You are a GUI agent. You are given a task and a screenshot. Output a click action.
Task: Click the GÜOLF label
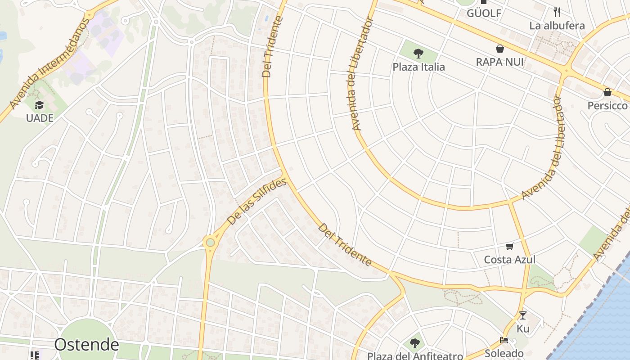coord(484,13)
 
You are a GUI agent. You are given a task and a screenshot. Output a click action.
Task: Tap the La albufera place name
coord(557,25)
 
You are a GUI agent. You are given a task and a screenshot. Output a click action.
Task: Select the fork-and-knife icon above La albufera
coord(557,12)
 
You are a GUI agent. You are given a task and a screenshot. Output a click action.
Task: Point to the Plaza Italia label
coord(418,67)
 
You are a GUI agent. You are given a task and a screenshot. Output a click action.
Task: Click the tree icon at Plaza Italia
coord(418,54)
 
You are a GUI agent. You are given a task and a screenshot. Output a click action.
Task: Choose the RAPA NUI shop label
coord(499,62)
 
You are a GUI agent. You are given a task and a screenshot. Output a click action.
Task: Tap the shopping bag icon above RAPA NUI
coord(499,48)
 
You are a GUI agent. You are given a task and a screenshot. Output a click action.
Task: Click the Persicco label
coord(607,105)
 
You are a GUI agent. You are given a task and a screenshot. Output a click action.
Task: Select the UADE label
coord(40,118)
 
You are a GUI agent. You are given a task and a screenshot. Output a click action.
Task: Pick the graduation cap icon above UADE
coord(40,105)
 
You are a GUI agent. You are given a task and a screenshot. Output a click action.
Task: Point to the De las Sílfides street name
coord(256,202)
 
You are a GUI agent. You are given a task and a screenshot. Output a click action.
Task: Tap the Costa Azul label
coord(509,260)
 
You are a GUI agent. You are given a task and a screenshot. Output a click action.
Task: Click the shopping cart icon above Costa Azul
coord(509,246)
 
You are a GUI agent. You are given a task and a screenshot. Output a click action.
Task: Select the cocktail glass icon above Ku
coord(522,315)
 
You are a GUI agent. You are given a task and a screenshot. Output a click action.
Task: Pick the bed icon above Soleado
coord(504,340)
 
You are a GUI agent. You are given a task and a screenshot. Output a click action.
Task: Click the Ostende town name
coord(86,345)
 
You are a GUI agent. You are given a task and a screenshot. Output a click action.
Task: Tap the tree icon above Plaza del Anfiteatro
coord(414,343)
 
